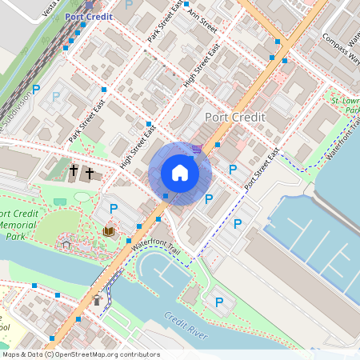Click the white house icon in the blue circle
coord(180,173)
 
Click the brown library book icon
coord(108,231)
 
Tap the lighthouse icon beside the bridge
coord(98,300)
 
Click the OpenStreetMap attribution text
coord(80,354)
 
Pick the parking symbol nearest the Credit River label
coord(218,302)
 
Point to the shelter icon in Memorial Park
coord(66,245)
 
